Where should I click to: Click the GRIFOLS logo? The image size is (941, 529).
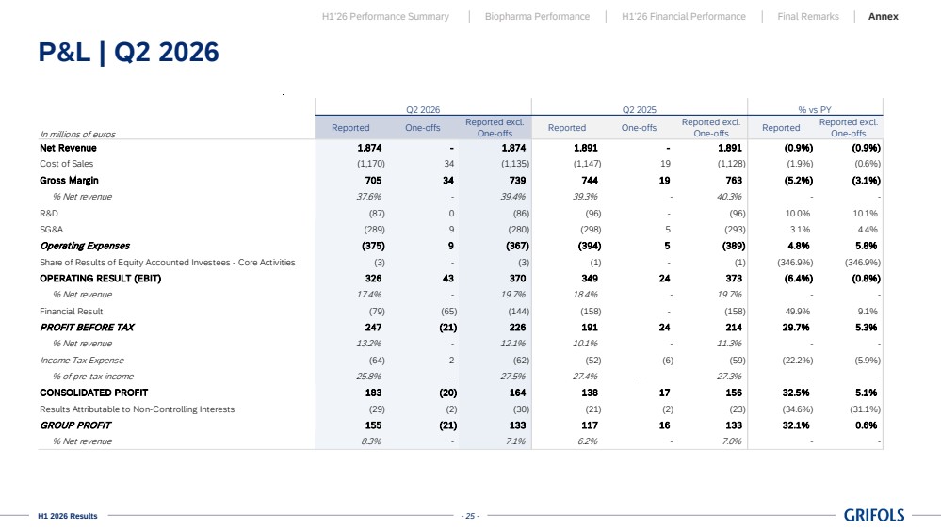point(874,515)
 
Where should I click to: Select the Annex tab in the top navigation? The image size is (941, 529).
point(883,17)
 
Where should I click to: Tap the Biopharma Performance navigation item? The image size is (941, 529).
point(537,17)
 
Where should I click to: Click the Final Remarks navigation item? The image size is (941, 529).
point(808,17)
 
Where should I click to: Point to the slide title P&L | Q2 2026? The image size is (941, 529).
point(128,52)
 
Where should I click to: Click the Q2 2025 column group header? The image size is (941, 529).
point(640,110)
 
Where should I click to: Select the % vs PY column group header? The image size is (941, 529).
point(815,110)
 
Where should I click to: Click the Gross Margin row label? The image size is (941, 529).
point(69,181)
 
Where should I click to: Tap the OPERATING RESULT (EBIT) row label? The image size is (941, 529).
point(100,279)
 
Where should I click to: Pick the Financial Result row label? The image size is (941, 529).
point(72,312)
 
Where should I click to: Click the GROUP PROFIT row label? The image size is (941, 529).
point(75,425)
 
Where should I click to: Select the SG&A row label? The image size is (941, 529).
point(52,230)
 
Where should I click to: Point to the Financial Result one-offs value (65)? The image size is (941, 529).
point(449,312)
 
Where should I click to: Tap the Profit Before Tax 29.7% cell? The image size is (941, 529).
point(796,328)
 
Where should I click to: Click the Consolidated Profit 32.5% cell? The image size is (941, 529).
point(796,393)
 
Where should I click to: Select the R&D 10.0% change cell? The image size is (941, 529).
point(798,214)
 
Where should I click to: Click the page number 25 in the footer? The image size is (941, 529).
point(471,516)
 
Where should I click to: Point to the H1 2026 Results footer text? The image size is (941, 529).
point(67,516)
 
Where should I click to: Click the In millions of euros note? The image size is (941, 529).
point(77,135)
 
